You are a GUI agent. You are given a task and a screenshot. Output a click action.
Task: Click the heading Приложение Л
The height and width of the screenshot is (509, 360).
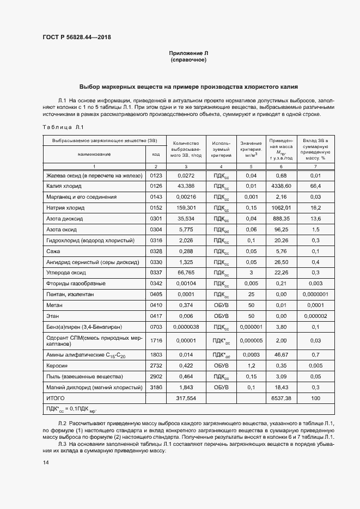click(x=188, y=53)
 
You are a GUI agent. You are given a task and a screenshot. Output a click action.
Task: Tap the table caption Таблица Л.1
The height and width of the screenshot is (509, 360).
click(x=63, y=127)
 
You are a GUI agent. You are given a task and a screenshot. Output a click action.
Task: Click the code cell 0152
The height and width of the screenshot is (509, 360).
click(x=156, y=207)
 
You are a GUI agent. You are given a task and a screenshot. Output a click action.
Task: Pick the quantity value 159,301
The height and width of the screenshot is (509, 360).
click(x=186, y=207)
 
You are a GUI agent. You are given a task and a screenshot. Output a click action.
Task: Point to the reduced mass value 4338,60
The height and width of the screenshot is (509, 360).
click(x=280, y=186)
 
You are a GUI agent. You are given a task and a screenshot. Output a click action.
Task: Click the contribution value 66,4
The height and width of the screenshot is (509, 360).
click(x=315, y=186)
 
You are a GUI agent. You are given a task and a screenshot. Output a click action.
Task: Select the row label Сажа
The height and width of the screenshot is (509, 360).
click(x=53, y=251)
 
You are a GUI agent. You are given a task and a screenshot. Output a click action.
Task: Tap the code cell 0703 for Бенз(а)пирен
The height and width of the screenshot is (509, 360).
click(x=156, y=327)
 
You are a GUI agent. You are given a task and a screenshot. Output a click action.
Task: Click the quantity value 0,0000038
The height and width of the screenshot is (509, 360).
click(x=186, y=327)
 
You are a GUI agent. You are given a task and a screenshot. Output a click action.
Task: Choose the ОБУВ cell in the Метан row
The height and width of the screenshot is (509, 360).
click(x=221, y=305)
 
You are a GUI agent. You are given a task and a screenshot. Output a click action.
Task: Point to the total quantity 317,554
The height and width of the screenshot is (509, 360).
click(x=186, y=398)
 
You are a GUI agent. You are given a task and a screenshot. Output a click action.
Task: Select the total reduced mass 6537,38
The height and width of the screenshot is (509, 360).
click(x=280, y=398)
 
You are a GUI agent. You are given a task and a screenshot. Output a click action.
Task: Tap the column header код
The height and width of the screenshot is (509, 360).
click(x=156, y=154)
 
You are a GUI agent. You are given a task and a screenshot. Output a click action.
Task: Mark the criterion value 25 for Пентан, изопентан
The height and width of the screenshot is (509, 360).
click(x=251, y=294)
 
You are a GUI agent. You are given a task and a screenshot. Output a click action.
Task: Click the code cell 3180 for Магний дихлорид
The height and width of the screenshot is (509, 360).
click(x=156, y=387)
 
